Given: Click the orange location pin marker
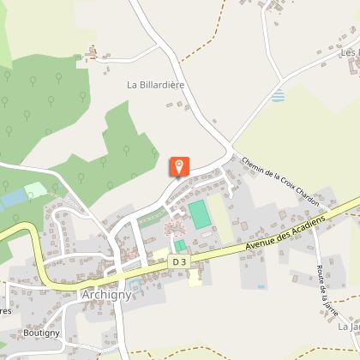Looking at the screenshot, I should point(178,167).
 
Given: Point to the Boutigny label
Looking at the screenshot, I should point(41,332).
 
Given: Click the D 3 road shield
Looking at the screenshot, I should point(179,261).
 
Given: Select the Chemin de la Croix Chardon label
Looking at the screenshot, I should point(280,183).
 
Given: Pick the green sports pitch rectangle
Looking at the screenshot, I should point(201,214).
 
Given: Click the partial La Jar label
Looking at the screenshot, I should point(348,327).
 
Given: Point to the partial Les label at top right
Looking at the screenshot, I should point(349,53).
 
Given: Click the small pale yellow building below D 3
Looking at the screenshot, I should point(195,278).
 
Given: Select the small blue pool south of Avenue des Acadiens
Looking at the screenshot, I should point(261,286).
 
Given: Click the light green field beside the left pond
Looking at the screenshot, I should point(35,189).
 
